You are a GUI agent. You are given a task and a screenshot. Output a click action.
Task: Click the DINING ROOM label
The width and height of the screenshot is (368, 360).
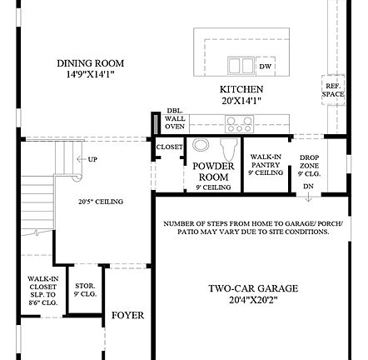pos(90,63)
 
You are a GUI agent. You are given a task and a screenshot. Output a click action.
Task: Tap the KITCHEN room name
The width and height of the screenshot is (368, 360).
pos(241,88)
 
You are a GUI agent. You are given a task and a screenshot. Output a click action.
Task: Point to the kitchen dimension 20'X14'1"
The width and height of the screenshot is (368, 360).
pos(241,100)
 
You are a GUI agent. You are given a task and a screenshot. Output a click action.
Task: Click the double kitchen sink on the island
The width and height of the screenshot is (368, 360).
pos(241,65)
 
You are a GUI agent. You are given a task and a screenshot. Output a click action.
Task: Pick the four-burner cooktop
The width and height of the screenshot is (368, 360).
pos(240,124)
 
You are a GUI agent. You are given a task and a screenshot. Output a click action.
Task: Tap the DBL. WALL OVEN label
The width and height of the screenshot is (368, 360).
pos(174,118)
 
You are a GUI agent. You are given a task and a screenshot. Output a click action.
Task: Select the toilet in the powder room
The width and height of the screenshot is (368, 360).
pos(201,148)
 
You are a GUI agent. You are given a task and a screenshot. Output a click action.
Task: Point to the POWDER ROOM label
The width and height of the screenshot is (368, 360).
pos(213,172)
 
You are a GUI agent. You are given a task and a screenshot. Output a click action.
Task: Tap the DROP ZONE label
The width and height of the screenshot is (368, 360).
pos(310,162)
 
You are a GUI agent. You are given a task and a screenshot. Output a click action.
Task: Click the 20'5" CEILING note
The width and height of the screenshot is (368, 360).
pos(101,201)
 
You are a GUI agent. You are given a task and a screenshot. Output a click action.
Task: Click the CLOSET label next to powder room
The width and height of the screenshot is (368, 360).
pos(168,147)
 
